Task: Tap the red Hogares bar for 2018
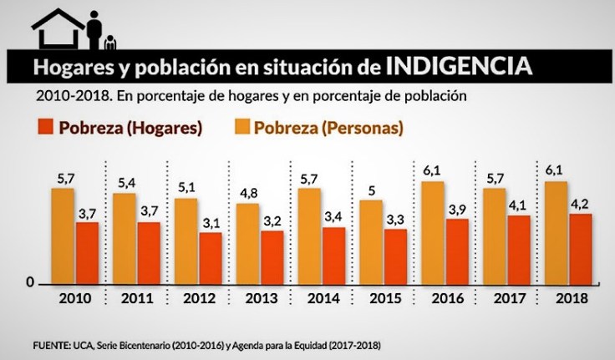coord(580,249)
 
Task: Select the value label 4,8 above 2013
coord(248,192)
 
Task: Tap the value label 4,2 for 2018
coord(580,203)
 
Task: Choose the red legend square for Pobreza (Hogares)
coord(41,129)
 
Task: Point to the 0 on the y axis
coord(29,283)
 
